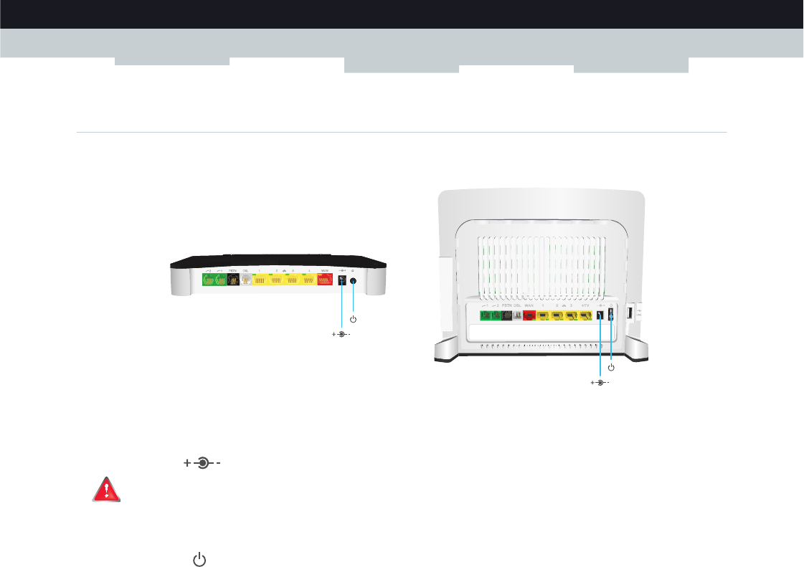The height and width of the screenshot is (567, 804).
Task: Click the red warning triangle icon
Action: pos(106,490)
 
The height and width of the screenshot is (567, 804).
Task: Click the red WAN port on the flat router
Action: pos(325,280)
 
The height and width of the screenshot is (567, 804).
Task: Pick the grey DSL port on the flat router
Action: pos(246,280)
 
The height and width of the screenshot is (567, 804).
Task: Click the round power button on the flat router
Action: pos(353,281)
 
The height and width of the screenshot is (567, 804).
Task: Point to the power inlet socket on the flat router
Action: pos(342,280)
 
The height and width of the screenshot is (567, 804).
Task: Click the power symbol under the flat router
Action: pos(353,319)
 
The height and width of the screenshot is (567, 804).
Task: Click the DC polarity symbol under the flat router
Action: pos(342,334)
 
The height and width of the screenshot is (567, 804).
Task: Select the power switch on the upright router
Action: pos(611,315)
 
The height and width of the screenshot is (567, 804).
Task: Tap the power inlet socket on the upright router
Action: pos(600,315)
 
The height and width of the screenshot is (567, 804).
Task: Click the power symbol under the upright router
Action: pos(611,367)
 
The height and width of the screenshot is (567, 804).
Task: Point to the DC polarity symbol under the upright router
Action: pos(600,383)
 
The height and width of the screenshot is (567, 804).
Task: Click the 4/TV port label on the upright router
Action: pos(585,306)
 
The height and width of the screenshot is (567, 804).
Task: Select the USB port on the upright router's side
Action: pos(630,313)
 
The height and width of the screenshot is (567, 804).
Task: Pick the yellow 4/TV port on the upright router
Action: pos(585,315)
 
